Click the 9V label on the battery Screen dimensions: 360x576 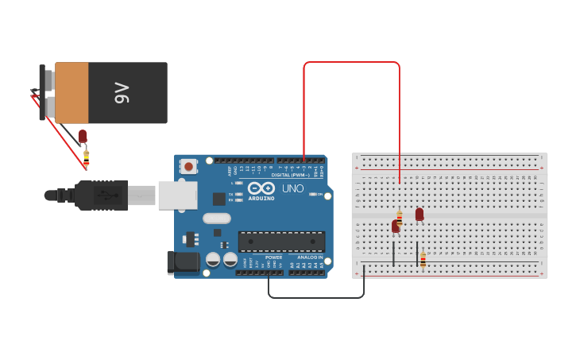tap(122, 93)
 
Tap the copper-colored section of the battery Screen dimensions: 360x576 tap(72, 93)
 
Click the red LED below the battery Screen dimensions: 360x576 tap(83, 136)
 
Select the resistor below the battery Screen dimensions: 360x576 tap(86, 156)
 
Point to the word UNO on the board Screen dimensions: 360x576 tap(293, 189)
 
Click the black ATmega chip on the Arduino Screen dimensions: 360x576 tap(281, 242)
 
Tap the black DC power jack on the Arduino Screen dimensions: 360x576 tap(184, 261)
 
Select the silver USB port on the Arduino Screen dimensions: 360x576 tap(176, 195)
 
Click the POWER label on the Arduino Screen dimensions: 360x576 tap(273, 257)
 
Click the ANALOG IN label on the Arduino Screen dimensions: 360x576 tap(310, 257)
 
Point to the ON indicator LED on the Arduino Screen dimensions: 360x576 tap(312, 194)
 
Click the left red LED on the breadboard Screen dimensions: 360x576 tap(395, 226)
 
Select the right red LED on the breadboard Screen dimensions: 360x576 tap(419, 214)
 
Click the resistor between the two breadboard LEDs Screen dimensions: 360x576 tap(400, 217)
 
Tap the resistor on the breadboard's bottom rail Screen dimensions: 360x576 tap(423, 259)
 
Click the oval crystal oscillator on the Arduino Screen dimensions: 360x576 tap(216, 218)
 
